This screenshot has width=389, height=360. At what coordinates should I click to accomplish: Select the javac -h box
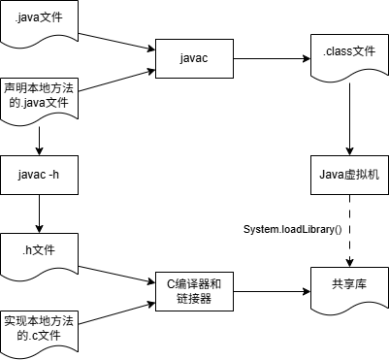coord(40,175)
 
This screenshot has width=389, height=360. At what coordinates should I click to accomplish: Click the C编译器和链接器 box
coord(193,292)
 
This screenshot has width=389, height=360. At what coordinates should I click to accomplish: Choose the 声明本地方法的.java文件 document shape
coord(40,94)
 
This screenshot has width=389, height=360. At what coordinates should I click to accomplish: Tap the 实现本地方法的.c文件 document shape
coord(40,325)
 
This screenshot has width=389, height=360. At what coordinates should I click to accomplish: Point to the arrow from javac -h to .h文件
coord(40,213)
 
